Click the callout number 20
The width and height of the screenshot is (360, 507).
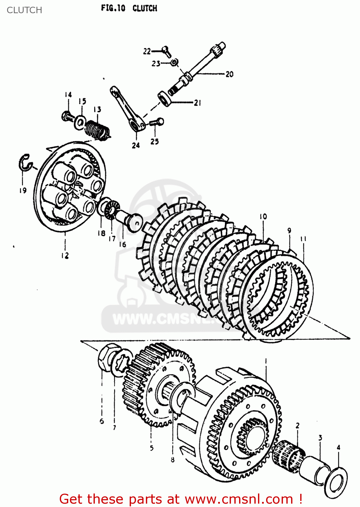click(229, 74)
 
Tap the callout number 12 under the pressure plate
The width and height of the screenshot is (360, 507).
click(65, 256)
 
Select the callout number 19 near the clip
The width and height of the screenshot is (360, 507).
click(23, 190)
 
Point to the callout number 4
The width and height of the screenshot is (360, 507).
click(338, 448)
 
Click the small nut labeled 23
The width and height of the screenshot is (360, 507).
click(174, 62)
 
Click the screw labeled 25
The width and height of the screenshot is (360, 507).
click(157, 122)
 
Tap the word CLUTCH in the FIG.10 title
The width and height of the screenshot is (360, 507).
click(145, 8)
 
